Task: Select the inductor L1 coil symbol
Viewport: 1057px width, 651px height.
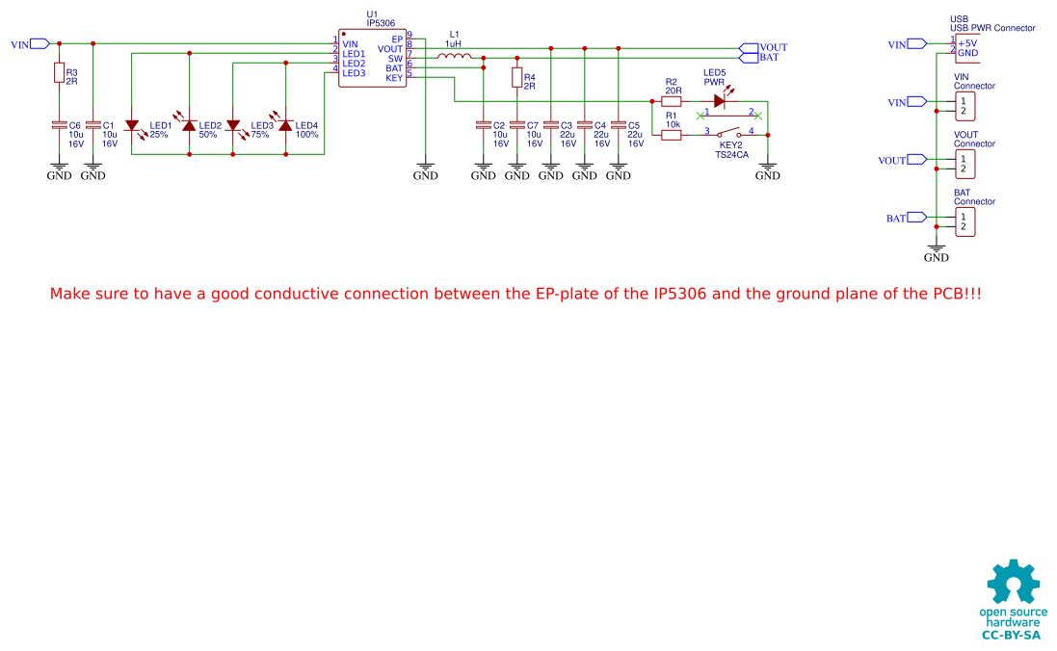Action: [455, 58]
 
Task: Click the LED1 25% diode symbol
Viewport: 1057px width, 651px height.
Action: [132, 125]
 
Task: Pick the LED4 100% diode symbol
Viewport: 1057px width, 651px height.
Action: [285, 125]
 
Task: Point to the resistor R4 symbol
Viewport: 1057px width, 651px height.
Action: [516, 78]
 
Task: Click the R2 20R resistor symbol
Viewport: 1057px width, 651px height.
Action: [672, 101]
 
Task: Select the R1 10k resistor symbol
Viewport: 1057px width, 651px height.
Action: [672, 136]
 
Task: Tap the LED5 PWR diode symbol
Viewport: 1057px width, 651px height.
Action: [719, 101]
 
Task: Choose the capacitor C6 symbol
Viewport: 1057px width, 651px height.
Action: [59, 125]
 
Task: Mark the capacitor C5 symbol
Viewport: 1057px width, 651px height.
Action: [618, 125]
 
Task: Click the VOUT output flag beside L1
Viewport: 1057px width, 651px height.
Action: [749, 47]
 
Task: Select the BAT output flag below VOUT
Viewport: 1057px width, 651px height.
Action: [749, 58]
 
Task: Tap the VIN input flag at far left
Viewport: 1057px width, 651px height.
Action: [40, 43]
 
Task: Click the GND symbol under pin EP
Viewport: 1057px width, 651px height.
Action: [425, 170]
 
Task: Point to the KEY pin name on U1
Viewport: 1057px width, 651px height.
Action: [393, 78]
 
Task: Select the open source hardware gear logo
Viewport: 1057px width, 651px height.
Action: [1013, 583]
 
